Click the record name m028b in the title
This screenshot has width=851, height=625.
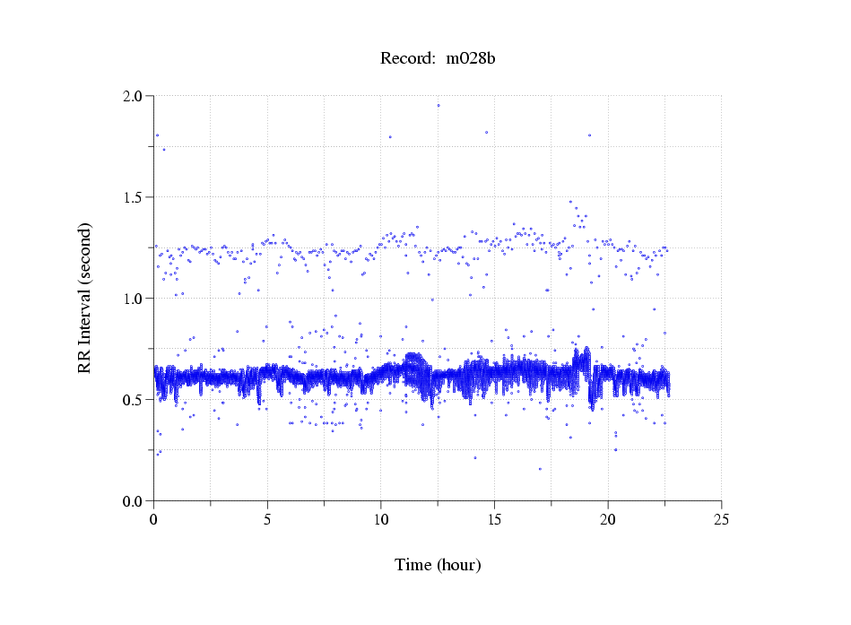[471, 59]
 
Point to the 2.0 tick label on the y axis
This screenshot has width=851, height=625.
[133, 96]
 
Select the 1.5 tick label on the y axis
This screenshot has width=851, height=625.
[133, 197]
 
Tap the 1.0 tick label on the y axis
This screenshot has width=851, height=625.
[133, 299]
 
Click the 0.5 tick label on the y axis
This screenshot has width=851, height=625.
[133, 400]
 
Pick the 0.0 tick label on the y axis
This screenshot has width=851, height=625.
[133, 501]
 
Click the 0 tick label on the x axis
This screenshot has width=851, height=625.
[154, 519]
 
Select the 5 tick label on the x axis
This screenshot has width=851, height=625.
[267, 519]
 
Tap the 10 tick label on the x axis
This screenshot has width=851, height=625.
[381, 519]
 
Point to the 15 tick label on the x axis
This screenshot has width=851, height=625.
[494, 519]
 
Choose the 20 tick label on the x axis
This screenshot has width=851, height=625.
[608, 519]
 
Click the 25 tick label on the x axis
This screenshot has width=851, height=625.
[721, 519]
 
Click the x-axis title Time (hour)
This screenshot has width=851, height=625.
[438, 565]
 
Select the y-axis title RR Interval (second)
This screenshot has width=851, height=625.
[85, 299]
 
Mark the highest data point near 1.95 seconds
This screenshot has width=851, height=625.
[439, 105]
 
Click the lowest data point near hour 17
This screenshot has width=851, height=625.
[540, 469]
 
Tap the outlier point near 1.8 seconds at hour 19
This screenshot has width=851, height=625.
[589, 135]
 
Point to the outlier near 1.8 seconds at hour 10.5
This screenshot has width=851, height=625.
[390, 137]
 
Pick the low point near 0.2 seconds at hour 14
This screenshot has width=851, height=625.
[475, 458]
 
